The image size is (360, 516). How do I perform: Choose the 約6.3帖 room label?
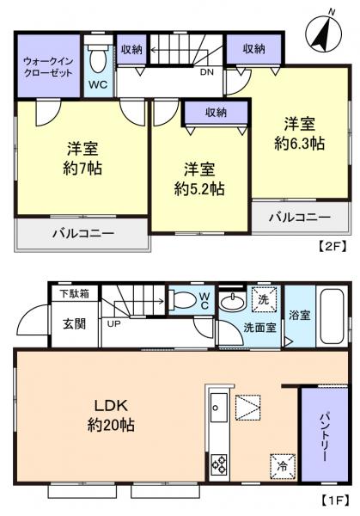[295, 134]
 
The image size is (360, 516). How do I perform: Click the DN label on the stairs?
[207, 73]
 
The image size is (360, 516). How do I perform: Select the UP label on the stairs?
[113, 323]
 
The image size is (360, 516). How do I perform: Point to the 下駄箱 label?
[67, 294]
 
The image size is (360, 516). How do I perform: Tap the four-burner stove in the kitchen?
[218, 466]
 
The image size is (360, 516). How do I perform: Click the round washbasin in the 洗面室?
[231, 303]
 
